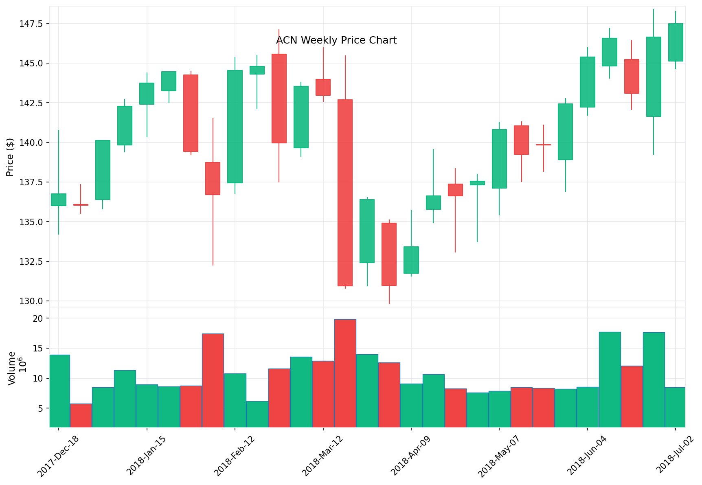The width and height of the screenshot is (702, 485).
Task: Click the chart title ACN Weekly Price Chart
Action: click(x=336, y=40)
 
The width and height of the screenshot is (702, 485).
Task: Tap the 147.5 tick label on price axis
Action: click(x=31, y=24)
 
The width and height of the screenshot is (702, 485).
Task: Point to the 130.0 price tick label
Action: click(x=31, y=301)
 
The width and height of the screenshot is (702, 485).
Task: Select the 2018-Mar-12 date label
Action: click(x=322, y=455)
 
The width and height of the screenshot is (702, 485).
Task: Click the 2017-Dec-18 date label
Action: click(x=58, y=455)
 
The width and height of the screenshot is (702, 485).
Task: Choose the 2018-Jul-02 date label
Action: click(x=675, y=455)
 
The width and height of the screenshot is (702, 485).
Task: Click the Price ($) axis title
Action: click(x=10, y=157)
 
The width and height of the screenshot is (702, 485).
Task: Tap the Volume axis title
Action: click(x=12, y=368)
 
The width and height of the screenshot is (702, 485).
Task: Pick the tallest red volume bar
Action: click(x=345, y=373)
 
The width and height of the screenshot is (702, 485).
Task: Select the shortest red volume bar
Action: click(x=81, y=415)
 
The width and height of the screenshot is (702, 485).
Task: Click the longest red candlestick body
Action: click(x=345, y=193)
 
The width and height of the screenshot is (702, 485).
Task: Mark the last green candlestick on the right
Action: click(x=676, y=42)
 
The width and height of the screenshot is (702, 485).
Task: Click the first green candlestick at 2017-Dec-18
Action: click(x=59, y=200)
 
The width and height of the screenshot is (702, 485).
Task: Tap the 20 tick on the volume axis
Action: click(x=38, y=318)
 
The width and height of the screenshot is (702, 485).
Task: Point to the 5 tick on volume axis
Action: click(x=40, y=408)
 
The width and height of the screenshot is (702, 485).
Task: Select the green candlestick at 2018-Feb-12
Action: click(x=235, y=127)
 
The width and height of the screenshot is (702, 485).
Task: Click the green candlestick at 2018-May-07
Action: click(x=499, y=159)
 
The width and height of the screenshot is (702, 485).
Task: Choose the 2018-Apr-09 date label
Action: click(x=411, y=455)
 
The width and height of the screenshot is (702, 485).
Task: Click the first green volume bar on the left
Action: click(x=59, y=391)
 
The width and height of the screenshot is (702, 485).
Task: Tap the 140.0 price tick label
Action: click(x=31, y=143)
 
